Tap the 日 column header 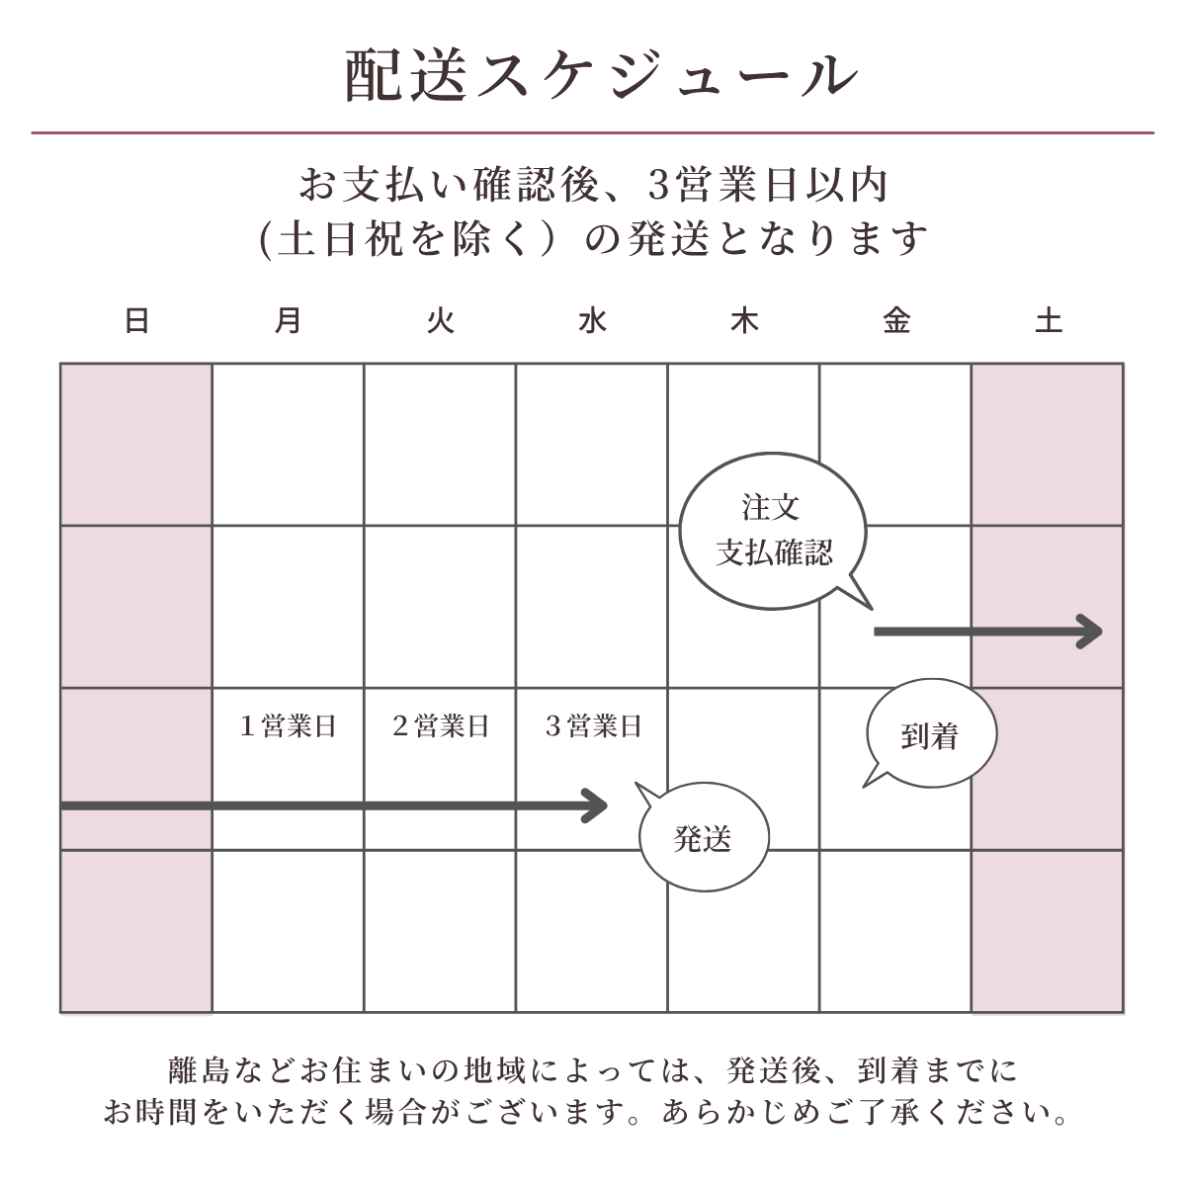pyautogui.click(x=136, y=321)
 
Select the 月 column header pyautogui.click(x=288, y=321)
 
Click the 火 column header pyautogui.click(x=440, y=321)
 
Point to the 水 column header pyautogui.click(x=592, y=321)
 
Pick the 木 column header pyautogui.click(x=743, y=321)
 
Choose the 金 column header pyautogui.click(x=896, y=321)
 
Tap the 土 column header pyautogui.click(x=1048, y=321)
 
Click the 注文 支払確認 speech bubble pyautogui.click(x=773, y=532)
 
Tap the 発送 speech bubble pyautogui.click(x=703, y=839)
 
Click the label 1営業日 pyautogui.click(x=288, y=726)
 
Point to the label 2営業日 pyautogui.click(x=440, y=726)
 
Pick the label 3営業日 pyautogui.click(x=593, y=726)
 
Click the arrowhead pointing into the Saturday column pyautogui.click(x=1091, y=632)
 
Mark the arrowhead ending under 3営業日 pyautogui.click(x=596, y=805)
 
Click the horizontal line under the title pyautogui.click(x=593, y=132)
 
